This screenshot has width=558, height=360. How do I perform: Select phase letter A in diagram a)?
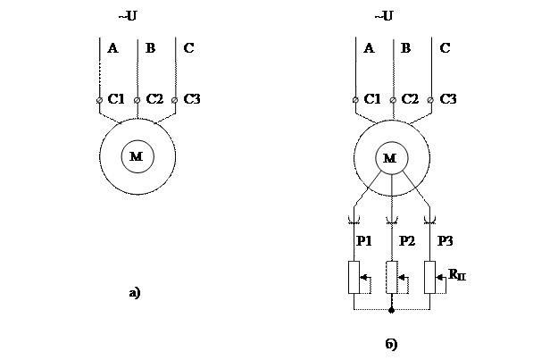[x=112, y=48]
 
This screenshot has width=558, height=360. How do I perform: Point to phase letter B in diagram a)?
[x=150, y=48]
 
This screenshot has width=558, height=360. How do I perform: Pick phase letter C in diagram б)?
[x=446, y=48]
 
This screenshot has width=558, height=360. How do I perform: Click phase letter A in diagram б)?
[x=369, y=48]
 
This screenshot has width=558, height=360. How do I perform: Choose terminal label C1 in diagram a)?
[x=116, y=99]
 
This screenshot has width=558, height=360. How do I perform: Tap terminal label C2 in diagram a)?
[x=154, y=99]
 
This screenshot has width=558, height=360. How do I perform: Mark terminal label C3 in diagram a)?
[x=192, y=99]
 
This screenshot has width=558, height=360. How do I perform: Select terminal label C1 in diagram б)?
[x=373, y=99]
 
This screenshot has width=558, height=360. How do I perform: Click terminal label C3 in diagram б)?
[x=449, y=99]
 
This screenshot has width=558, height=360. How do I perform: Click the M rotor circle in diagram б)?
[x=390, y=158]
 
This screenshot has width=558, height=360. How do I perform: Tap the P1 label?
[x=365, y=241]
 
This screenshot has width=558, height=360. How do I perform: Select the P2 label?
[x=407, y=241]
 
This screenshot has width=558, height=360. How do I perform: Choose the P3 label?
[x=446, y=241]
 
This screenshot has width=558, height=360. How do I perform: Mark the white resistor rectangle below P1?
[x=354, y=277]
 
